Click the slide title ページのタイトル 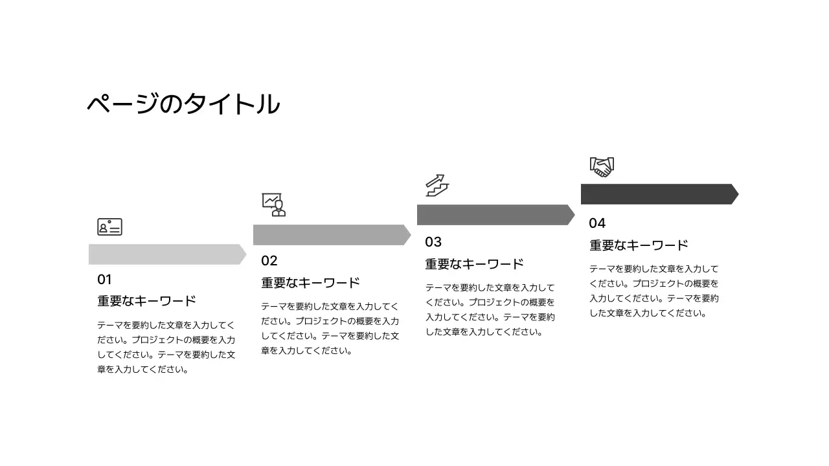point(183,104)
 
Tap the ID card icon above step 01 point(110,227)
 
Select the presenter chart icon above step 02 point(273,205)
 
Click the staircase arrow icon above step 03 point(437,185)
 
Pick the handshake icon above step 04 point(602,166)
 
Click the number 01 point(105,280)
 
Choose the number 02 point(269,261)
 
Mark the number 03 point(433,242)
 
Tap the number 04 point(597,223)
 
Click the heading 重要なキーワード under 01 point(146,302)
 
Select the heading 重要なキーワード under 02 point(310,283)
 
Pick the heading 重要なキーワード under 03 point(474,264)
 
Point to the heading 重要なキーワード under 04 point(639,245)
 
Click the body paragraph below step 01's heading point(166,348)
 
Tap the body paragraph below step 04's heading point(654,291)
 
